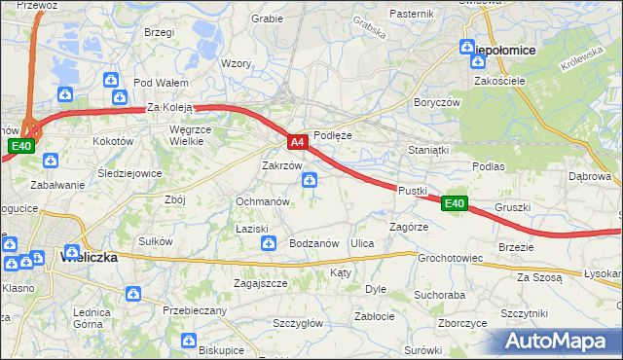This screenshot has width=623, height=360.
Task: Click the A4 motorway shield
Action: [299, 142]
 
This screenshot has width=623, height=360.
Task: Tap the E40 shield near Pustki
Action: [455, 203]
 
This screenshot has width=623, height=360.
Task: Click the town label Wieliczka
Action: [89, 258]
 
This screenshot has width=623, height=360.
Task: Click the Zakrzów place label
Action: [280, 165]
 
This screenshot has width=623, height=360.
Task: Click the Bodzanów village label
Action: [313, 243]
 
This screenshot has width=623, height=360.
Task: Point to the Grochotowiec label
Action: [451, 259]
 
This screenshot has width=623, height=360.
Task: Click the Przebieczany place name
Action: [195, 310]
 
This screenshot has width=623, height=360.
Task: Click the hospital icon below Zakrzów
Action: [309, 180]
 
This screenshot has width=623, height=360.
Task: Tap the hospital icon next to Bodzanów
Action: [269, 244]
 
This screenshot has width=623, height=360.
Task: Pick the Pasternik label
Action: [411, 14]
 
